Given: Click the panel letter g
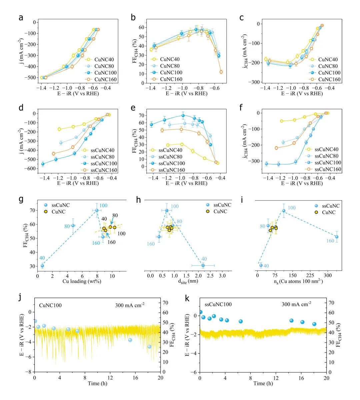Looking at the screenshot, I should tap(21, 200).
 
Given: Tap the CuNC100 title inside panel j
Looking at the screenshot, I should tap(50, 305).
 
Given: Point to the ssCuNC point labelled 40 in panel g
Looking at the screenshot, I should tap(42, 266).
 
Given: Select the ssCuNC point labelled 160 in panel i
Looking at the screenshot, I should tap(337, 237).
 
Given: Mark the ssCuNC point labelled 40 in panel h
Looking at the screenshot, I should tap(203, 265).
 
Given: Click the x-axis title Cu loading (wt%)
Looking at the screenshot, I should tap(82, 281).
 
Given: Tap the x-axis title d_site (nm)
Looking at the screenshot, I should tap(186, 281).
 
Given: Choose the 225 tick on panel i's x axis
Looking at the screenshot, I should tap(310, 275).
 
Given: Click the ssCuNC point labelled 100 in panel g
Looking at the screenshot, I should tap(97, 210).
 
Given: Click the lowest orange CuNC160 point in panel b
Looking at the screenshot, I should tap(221, 72).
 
